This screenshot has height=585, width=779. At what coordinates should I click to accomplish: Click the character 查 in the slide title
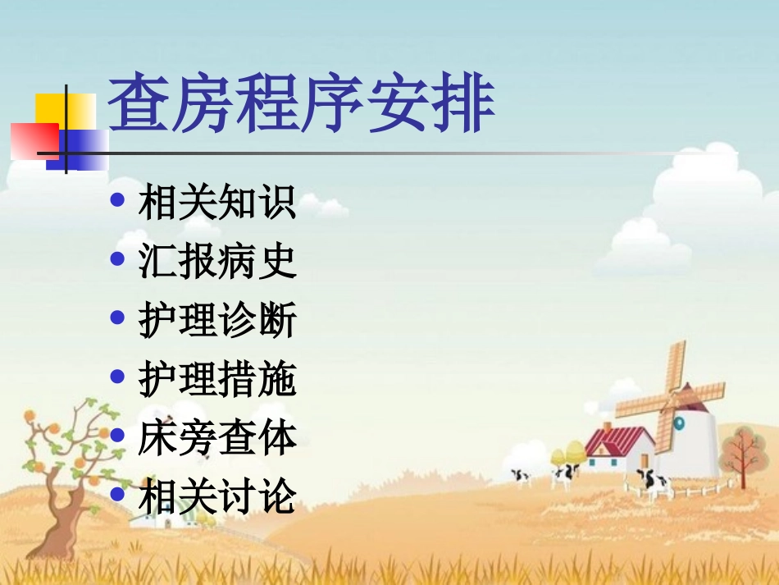[x=139, y=104]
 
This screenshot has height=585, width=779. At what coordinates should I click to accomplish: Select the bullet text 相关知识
[x=217, y=202]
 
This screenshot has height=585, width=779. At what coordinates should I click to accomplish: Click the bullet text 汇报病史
[x=217, y=261]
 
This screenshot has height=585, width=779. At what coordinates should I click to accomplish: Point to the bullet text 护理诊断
[x=217, y=320]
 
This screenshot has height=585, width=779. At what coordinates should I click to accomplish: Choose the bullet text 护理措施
[x=217, y=379]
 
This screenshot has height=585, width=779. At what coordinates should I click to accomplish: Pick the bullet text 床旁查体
[x=217, y=438]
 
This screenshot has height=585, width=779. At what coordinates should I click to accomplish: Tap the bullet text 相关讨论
[x=217, y=497]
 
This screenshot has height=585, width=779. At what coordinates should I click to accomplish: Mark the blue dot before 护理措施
[x=118, y=377]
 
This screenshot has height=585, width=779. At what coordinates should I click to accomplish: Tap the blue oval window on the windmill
[x=679, y=423]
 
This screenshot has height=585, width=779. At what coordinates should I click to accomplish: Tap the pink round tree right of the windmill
[x=741, y=448]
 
